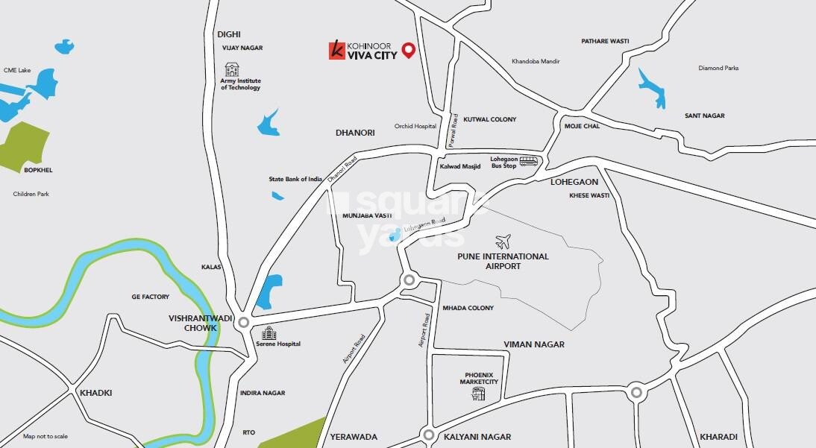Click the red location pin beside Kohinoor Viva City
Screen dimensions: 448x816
click(408, 50)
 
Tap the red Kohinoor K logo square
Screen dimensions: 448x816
click(337, 51)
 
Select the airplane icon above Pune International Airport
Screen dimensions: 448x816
click(503, 242)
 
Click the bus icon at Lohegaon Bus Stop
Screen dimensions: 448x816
click(528, 161)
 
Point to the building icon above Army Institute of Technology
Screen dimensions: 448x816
click(232, 69)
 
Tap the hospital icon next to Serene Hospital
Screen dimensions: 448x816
click(268, 334)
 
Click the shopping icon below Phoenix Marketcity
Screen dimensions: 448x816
click(478, 394)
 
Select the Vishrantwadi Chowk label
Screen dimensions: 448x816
click(192, 322)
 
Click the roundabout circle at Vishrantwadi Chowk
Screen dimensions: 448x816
click(242, 321)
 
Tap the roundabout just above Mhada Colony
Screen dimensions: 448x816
click(409, 280)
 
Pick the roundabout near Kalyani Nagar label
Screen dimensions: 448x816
click(428, 435)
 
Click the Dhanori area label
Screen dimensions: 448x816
click(355, 132)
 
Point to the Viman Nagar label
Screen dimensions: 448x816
click(534, 344)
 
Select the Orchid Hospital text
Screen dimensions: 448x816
click(415, 127)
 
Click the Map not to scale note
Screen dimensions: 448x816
click(45, 436)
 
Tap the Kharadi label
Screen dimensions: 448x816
click(718, 437)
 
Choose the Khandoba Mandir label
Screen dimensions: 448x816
click(536, 61)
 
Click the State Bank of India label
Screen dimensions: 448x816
click(295, 180)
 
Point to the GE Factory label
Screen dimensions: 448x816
click(150, 297)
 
